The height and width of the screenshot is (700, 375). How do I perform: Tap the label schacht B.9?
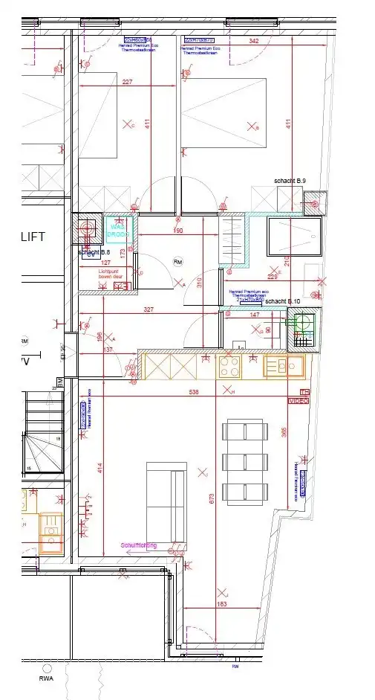(x=290, y=181)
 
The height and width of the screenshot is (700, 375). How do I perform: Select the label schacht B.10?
(x=282, y=301)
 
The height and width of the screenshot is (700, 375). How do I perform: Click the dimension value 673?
(x=212, y=496)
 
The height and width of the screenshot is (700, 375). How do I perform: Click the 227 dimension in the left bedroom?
(x=127, y=82)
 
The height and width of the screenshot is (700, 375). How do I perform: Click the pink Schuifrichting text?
(x=139, y=545)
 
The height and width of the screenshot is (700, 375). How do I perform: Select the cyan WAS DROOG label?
(x=118, y=230)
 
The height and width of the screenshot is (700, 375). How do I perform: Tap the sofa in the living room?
(x=166, y=502)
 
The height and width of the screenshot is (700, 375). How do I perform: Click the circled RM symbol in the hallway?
(x=177, y=262)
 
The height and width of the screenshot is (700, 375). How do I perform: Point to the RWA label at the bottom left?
(x=47, y=678)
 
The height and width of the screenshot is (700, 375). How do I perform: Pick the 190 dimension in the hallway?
(x=177, y=231)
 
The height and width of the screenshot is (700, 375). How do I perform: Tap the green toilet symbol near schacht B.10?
(x=302, y=324)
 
